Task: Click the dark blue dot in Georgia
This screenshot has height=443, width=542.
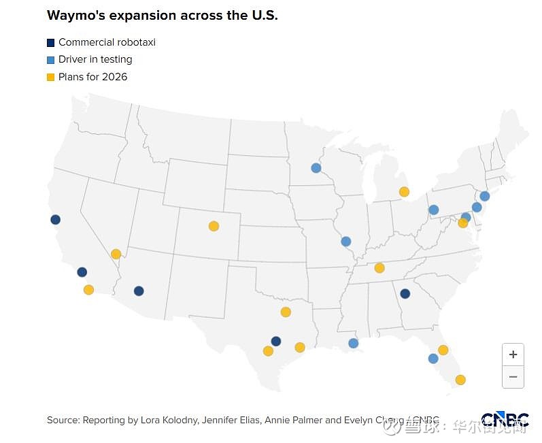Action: tap(405, 294)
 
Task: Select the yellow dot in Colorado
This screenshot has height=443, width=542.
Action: tap(214, 226)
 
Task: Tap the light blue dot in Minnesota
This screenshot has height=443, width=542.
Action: tap(316, 168)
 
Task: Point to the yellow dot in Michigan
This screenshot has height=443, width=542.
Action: tap(404, 192)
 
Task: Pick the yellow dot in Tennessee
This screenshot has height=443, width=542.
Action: tap(379, 267)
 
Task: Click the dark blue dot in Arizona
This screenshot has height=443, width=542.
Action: tap(139, 291)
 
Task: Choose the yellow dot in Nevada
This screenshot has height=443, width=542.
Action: tap(116, 255)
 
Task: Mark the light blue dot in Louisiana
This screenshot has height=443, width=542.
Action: tap(353, 344)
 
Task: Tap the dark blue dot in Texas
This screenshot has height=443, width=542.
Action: tap(275, 341)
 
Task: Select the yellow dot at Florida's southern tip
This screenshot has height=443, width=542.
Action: tap(460, 380)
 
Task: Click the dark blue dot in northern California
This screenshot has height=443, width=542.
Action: tap(55, 220)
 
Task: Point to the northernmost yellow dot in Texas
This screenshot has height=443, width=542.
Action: tap(286, 312)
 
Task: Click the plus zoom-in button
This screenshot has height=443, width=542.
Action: tap(513, 355)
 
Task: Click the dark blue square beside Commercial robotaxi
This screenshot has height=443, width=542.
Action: tap(51, 42)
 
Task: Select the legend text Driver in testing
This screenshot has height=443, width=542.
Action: tap(95, 60)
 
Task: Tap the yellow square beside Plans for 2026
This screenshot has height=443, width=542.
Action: tap(51, 78)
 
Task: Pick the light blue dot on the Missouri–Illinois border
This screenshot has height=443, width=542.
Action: tap(345, 242)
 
